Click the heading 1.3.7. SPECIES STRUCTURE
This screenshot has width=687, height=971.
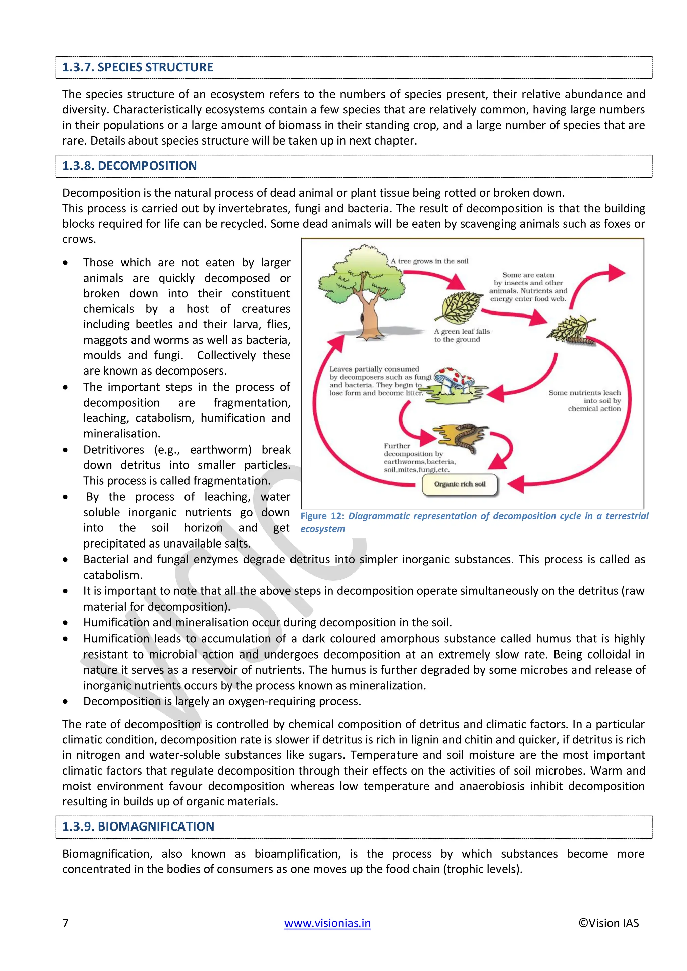[138, 68]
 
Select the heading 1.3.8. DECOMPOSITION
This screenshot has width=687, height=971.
[129, 166]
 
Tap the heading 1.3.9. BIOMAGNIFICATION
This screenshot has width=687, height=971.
[138, 826]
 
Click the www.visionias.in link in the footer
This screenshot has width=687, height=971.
[327, 923]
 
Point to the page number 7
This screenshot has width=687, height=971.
[65, 923]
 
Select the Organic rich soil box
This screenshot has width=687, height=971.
[460, 484]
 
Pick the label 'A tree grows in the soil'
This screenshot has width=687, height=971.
[429, 261]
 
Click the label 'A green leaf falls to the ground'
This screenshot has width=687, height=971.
[461, 335]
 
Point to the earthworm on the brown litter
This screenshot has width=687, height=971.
[467, 438]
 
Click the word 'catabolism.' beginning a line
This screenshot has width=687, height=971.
[112, 575]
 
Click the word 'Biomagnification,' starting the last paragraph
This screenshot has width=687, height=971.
[107, 853]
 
